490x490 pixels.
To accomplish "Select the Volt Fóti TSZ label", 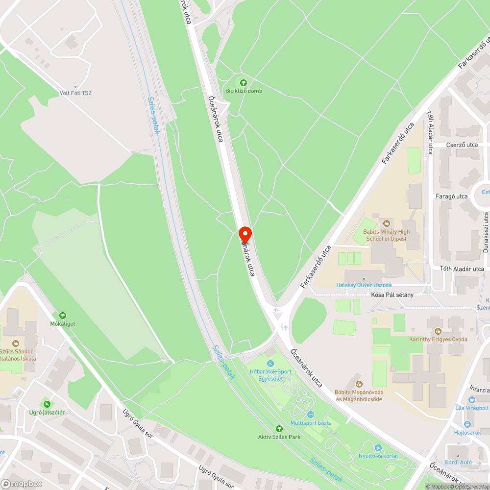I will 75,93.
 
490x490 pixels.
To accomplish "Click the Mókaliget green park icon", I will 62,316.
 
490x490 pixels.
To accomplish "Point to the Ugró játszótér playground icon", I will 47,404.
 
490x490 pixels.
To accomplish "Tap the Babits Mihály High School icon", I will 386,223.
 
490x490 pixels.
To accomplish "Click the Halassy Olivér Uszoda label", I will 364,285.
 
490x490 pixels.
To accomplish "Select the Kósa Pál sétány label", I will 392,294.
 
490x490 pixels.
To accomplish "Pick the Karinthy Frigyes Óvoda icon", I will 438,331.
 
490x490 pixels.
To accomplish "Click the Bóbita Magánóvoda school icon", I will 359,384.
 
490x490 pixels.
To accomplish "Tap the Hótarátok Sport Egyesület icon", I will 270,363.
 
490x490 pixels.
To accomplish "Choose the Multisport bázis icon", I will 311,414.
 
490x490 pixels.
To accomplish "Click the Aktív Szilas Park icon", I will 279,428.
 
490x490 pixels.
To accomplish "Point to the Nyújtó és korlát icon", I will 377,448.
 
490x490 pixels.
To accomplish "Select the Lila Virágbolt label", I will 472,408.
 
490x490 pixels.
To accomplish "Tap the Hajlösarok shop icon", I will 467,424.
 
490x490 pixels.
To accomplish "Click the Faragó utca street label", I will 452,196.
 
